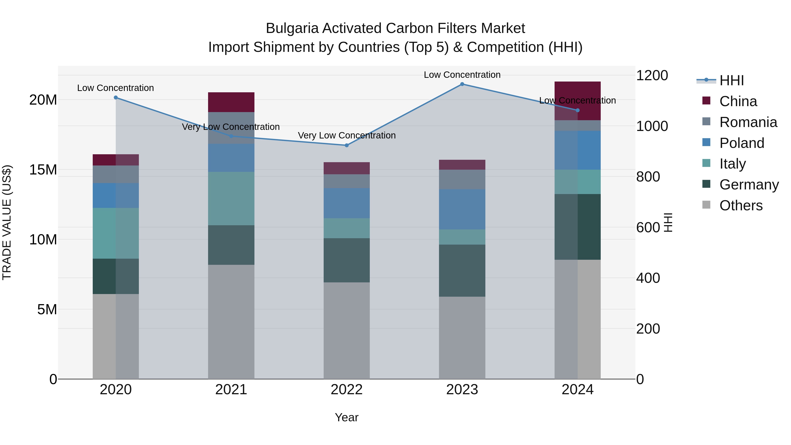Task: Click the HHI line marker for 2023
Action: pos(462,84)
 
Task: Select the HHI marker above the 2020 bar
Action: pos(116,98)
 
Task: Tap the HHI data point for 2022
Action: pos(347,145)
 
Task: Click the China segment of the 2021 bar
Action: pos(231,102)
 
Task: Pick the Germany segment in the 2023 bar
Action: pos(462,270)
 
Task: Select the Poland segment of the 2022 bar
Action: pos(347,203)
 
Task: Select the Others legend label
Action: pos(741,205)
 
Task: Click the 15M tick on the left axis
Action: pos(43,170)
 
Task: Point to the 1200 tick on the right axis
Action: pos(652,76)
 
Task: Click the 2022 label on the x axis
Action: pos(347,390)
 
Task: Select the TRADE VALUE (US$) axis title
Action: pos(7,222)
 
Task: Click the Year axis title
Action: pos(347,417)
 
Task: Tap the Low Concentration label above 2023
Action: pos(462,75)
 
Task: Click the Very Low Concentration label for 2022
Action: pos(347,135)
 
